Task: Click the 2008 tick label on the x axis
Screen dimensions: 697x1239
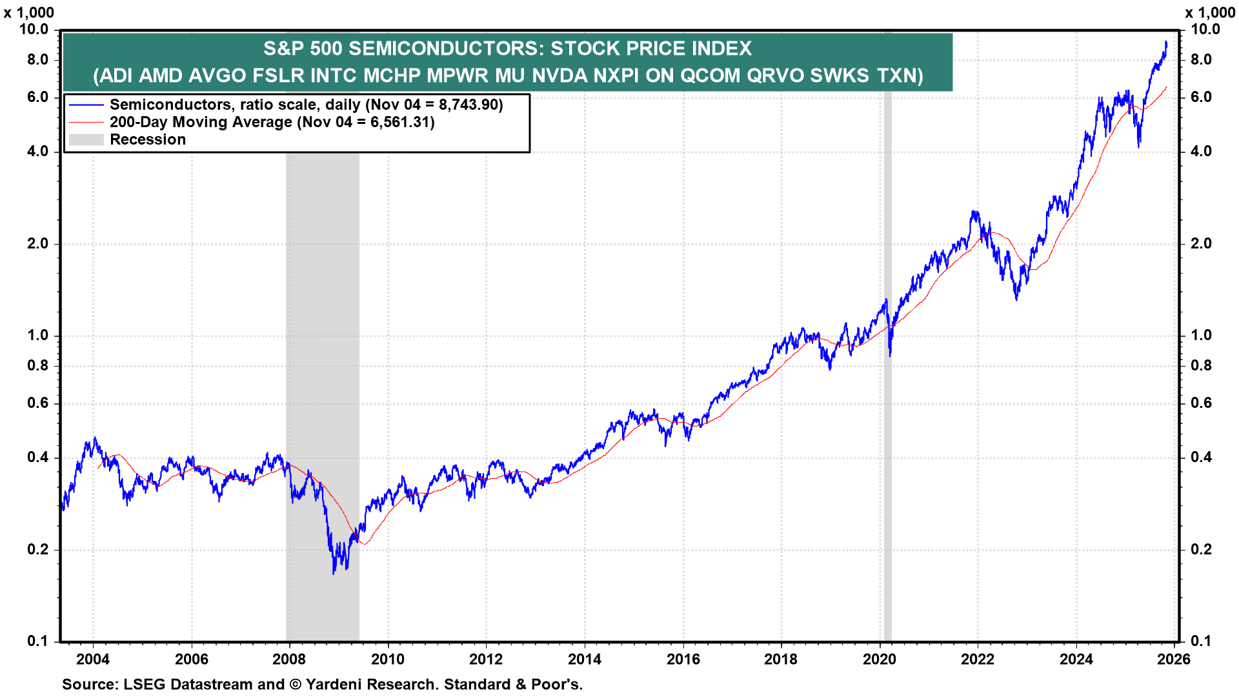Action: coord(289,659)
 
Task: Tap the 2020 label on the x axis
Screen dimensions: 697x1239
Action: coord(880,659)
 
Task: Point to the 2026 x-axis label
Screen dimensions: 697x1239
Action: coord(1174,659)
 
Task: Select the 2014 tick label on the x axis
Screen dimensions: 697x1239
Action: coord(584,659)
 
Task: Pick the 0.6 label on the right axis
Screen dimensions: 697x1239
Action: coord(1201,403)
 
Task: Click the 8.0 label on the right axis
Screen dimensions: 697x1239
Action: coord(1201,59)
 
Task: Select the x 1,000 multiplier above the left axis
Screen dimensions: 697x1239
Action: coord(29,12)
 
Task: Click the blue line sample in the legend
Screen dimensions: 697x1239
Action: coord(86,105)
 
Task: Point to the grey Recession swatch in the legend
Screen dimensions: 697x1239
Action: coord(86,139)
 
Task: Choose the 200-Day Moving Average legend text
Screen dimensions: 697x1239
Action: coord(201,122)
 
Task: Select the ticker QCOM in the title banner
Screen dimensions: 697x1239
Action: coord(710,76)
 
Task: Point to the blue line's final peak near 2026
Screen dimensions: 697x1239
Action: coord(1166,42)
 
